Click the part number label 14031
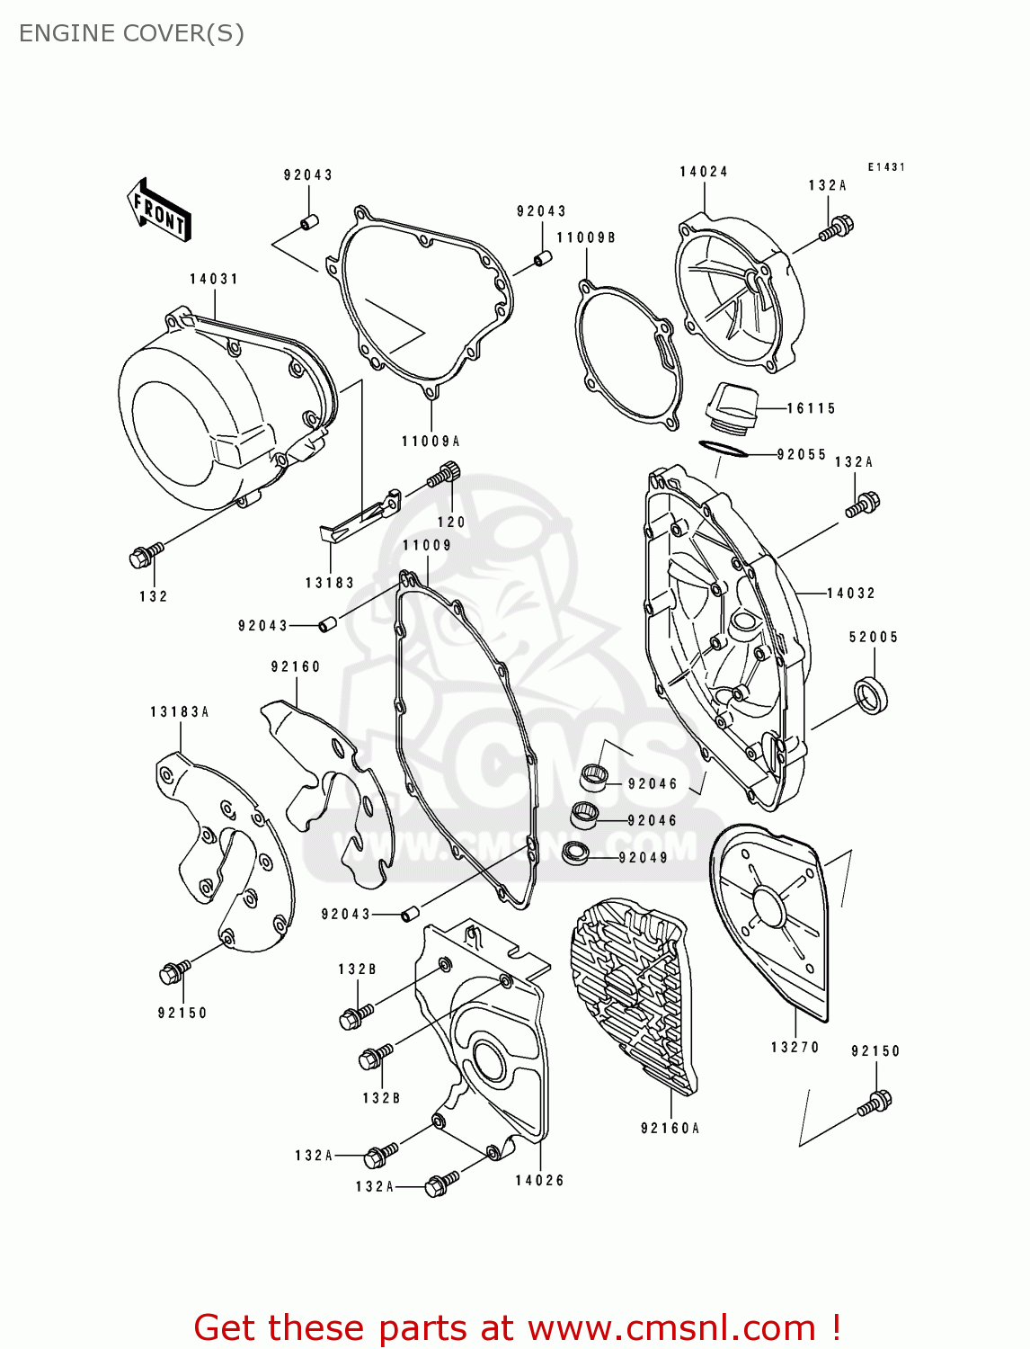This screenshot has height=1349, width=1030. (214, 279)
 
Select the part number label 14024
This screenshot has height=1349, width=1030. (703, 172)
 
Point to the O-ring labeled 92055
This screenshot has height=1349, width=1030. (723, 448)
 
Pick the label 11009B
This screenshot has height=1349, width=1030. (586, 237)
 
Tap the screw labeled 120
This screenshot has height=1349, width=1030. (445, 474)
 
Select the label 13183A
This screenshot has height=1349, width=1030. (179, 711)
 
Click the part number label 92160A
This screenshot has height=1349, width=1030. (670, 1128)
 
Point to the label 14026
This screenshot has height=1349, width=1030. (539, 1180)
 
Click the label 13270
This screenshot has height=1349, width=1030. (795, 1047)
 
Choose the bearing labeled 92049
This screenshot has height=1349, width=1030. (574, 853)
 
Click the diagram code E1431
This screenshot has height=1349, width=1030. (886, 167)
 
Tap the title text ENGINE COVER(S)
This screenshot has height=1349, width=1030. (131, 33)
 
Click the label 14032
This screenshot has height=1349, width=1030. (850, 593)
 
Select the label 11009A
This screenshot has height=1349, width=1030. (431, 441)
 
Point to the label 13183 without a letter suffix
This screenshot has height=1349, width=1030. (330, 583)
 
